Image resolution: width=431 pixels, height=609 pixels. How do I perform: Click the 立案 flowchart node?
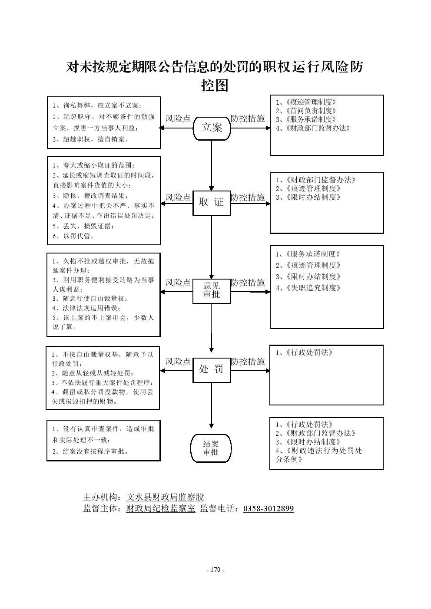coord(212,128)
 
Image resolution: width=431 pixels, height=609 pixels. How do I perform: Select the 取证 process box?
coord(212,202)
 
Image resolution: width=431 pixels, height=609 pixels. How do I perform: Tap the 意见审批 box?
coord(212,290)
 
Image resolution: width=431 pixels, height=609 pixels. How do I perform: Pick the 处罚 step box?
coord(212,369)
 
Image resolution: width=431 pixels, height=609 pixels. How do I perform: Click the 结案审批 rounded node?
coord(211,448)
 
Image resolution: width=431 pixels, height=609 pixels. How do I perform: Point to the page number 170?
coord(215,569)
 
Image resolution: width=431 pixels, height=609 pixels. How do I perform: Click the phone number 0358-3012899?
coord(269,509)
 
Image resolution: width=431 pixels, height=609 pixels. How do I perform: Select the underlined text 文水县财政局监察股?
coord(165,497)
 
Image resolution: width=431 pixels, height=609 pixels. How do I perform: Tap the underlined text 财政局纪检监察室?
coord(160,509)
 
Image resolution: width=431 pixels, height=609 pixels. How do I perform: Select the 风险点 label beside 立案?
coord(178,119)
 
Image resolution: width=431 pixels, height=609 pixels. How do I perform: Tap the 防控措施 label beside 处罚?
coord(248,362)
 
